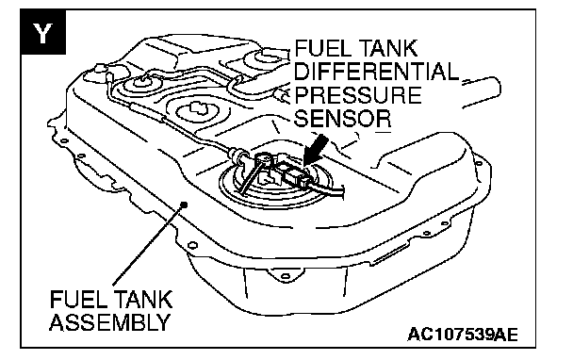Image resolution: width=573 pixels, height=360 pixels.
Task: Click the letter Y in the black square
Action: pos(42,32)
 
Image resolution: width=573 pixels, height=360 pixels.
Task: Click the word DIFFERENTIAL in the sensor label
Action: pos(376,71)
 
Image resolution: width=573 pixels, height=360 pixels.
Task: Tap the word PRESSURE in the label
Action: pos(358,94)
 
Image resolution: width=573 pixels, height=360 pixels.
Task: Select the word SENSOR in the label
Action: pos(343,118)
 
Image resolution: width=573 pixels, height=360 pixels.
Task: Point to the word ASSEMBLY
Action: pos(110,321)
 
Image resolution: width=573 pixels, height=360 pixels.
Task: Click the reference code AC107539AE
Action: pos(463,334)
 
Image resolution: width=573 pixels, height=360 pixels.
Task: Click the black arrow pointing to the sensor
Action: pos(314,150)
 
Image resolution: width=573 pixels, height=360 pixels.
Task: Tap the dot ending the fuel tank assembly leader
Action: pos(184,205)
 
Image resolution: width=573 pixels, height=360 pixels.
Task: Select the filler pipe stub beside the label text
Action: pos(482,92)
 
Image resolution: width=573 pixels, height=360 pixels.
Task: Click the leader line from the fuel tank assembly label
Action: pos(148,245)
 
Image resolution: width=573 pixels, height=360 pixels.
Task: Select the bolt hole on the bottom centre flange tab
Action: pos(286,276)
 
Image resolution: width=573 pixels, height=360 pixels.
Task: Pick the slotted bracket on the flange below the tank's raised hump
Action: pos(392,252)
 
